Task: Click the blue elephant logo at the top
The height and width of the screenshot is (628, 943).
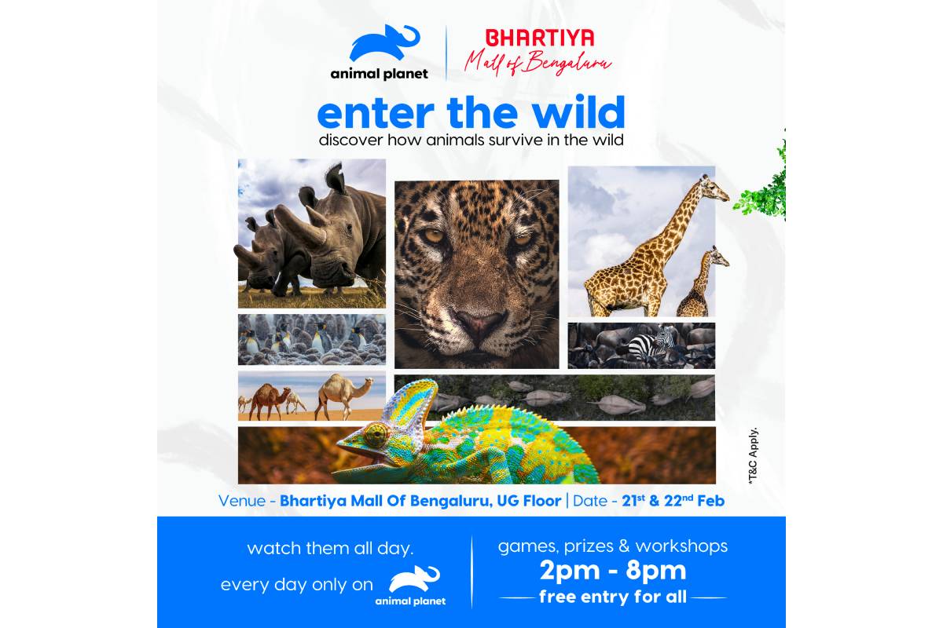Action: tap(383, 44)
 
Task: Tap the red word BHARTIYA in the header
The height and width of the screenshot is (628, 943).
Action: tap(540, 38)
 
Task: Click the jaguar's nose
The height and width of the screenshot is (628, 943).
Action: tap(481, 322)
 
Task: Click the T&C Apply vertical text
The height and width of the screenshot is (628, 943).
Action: tap(753, 455)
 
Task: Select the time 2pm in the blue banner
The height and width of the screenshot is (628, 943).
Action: tap(570, 571)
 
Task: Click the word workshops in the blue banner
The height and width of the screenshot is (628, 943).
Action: tap(681, 546)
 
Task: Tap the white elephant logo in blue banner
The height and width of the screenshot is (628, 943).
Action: tap(414, 579)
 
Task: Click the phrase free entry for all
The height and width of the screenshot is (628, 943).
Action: tap(613, 597)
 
